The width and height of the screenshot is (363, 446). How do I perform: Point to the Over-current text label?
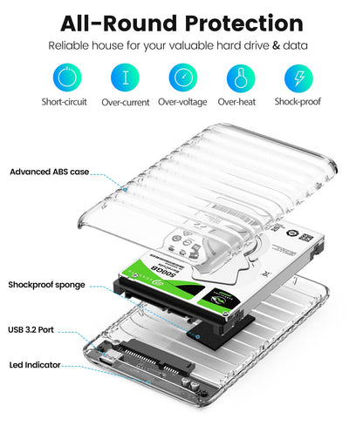click(x=125, y=102)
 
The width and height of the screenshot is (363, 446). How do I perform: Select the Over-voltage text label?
click(x=182, y=102)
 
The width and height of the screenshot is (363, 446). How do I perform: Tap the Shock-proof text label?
click(x=298, y=102)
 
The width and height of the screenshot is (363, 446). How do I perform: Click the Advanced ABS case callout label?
click(x=49, y=172)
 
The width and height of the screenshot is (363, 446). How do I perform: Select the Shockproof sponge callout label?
click(x=47, y=284)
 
